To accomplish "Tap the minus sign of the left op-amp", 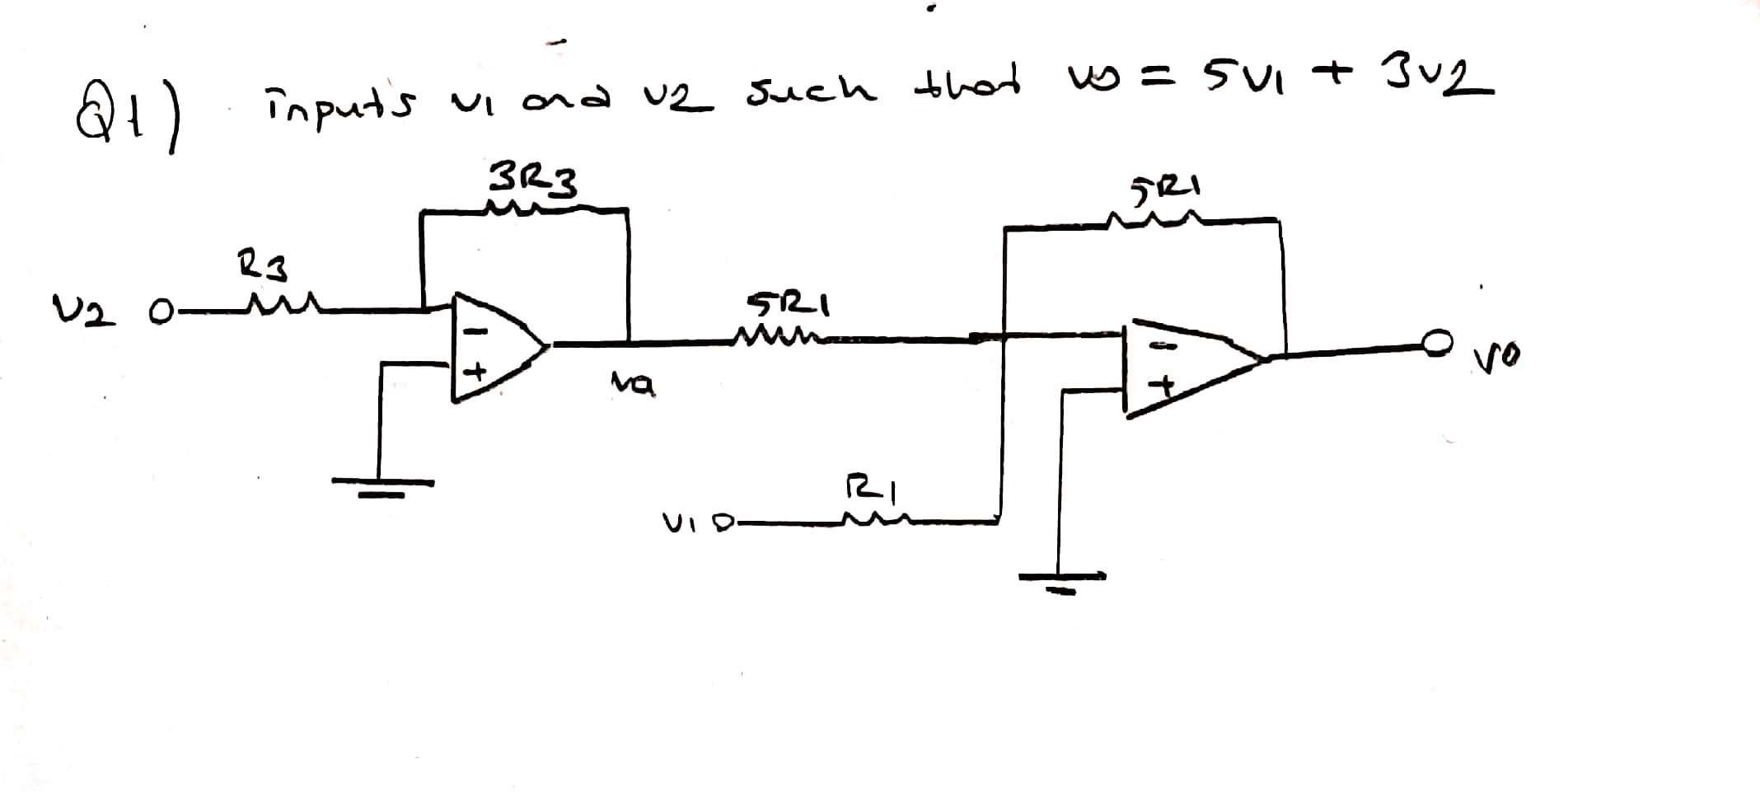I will (x=477, y=331).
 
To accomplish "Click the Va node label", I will (x=632, y=382).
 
